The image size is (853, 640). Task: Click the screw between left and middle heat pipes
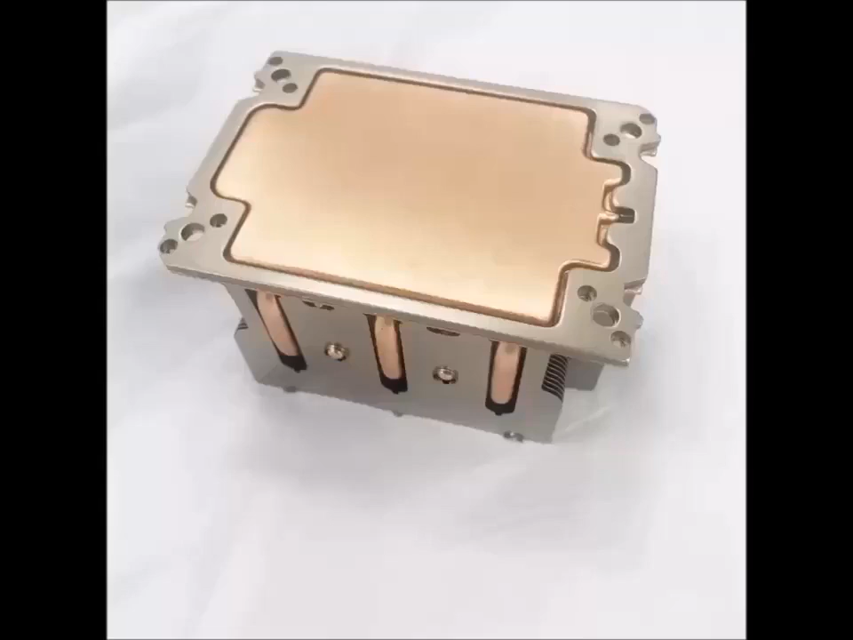[335, 352]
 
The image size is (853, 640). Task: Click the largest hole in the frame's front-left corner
[192, 233]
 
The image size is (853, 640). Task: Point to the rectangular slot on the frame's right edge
[625, 214]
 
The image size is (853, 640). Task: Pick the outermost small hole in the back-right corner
[647, 119]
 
